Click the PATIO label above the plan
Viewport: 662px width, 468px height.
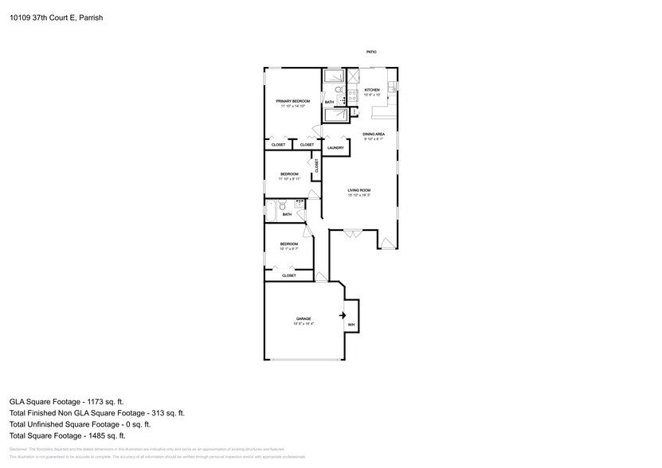(x=371, y=52)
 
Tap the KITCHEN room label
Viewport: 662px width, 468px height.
(x=372, y=90)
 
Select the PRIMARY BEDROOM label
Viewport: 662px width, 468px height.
(x=292, y=101)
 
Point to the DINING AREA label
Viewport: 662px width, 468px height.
(x=374, y=134)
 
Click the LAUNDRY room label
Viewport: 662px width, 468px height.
(x=335, y=148)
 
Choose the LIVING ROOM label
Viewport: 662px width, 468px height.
(x=359, y=190)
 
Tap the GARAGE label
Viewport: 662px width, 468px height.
(x=304, y=318)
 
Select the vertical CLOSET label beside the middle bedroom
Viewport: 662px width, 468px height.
(x=316, y=166)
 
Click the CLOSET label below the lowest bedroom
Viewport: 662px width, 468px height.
(x=288, y=275)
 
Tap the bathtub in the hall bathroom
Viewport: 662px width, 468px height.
(x=271, y=211)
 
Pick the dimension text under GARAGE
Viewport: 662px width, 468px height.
(x=304, y=324)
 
